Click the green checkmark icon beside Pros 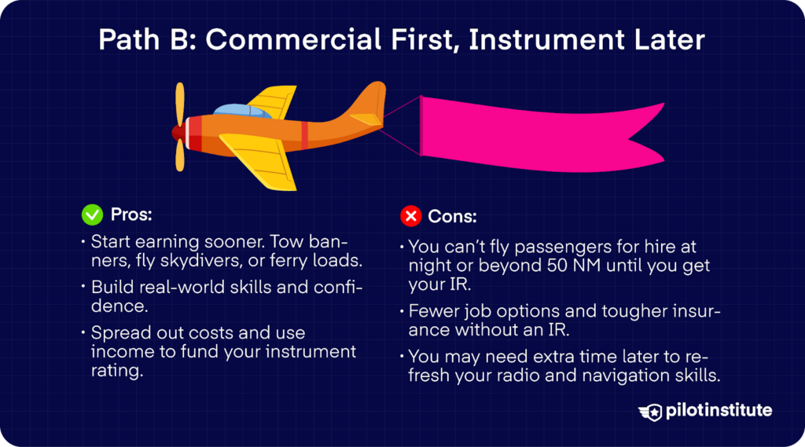click(x=93, y=214)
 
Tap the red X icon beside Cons click(x=410, y=216)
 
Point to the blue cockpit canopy click(x=242, y=111)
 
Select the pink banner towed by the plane click(x=539, y=134)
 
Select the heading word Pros click(x=131, y=214)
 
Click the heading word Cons click(x=452, y=217)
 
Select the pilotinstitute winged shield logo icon click(x=650, y=412)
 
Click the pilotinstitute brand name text click(x=719, y=411)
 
